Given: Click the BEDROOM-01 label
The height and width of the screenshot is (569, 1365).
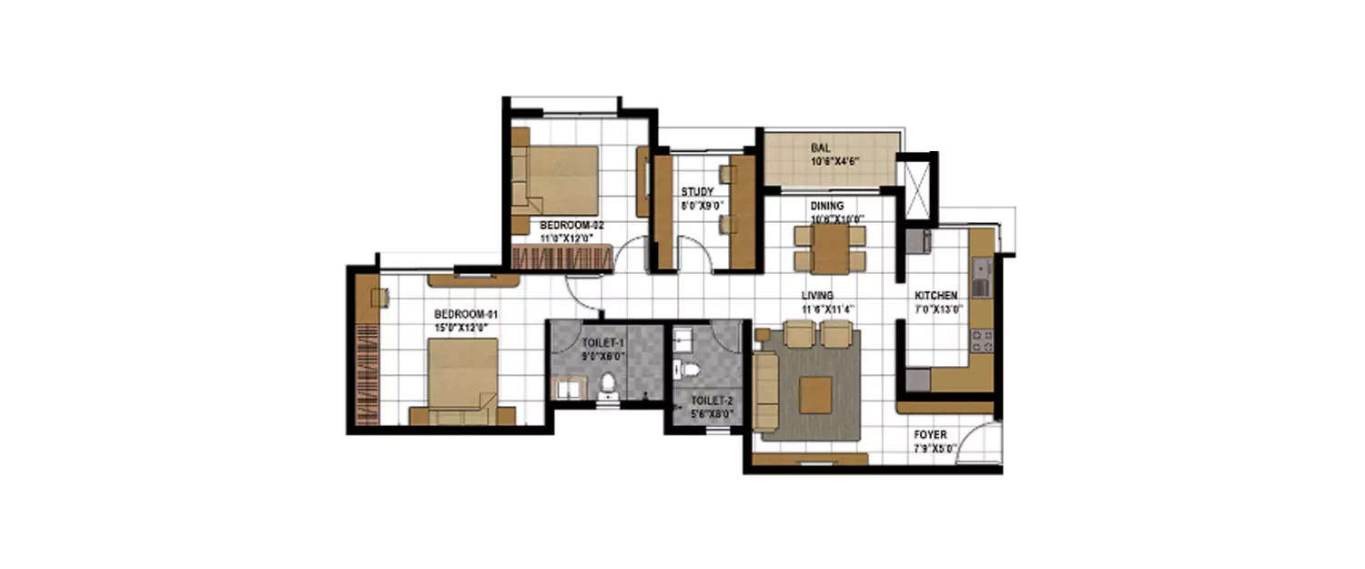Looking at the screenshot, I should pyautogui.click(x=464, y=314).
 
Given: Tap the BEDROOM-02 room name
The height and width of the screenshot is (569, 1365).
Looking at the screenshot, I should pyautogui.click(x=571, y=224).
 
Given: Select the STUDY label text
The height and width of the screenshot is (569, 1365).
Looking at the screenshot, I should pyautogui.click(x=697, y=192).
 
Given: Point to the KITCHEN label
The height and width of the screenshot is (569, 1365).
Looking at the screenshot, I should pyautogui.click(x=935, y=296).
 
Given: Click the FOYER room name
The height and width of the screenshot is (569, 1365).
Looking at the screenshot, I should pyautogui.click(x=930, y=435).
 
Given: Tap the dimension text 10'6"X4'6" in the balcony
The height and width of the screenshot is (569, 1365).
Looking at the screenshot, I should pyautogui.click(x=835, y=161).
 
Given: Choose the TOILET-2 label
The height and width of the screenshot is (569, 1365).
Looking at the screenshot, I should pyautogui.click(x=706, y=400).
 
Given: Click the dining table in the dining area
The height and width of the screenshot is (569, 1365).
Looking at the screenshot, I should pyautogui.click(x=830, y=248).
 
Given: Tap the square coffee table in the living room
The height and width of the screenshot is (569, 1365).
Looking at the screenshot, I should pyautogui.click(x=814, y=394).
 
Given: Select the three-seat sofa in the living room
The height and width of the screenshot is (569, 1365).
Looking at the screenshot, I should pyautogui.click(x=766, y=391).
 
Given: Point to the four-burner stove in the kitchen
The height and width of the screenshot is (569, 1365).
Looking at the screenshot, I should pyautogui.click(x=982, y=342).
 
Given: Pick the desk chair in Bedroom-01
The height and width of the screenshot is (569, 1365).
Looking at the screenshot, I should pyautogui.click(x=381, y=297).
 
